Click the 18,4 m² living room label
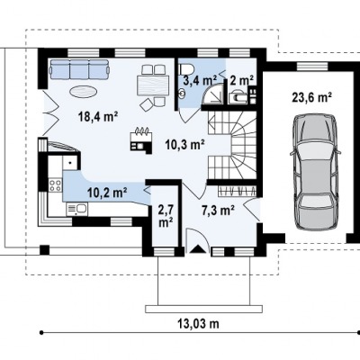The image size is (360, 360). (97, 116)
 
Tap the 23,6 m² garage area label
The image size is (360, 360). (311, 97)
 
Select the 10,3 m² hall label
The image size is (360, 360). (185, 145)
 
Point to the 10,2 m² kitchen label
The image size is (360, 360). (107, 193)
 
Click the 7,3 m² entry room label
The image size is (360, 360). (218, 211)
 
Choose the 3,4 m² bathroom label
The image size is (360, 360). (200, 80)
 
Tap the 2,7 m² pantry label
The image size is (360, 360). (166, 216)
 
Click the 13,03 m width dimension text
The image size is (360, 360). (198, 324)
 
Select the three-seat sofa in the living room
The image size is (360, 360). (79, 69)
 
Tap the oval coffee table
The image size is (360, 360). (84, 91)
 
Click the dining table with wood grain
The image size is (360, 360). (151, 85)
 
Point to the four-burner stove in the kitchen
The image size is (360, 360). (56, 184)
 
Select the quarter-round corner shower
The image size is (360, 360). (212, 94)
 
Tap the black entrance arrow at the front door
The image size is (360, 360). (197, 248)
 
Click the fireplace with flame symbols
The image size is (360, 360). (141, 139)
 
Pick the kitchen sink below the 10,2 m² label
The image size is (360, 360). (77, 209)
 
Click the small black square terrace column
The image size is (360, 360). (44, 250)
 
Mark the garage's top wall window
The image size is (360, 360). (312, 66)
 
